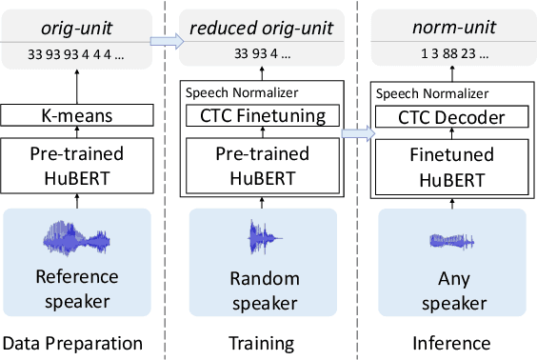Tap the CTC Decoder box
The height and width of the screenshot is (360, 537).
point(452,117)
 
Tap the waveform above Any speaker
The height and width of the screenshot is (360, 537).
point(452,240)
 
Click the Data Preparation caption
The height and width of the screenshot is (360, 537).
point(73,343)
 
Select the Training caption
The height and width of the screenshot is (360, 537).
point(262,343)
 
